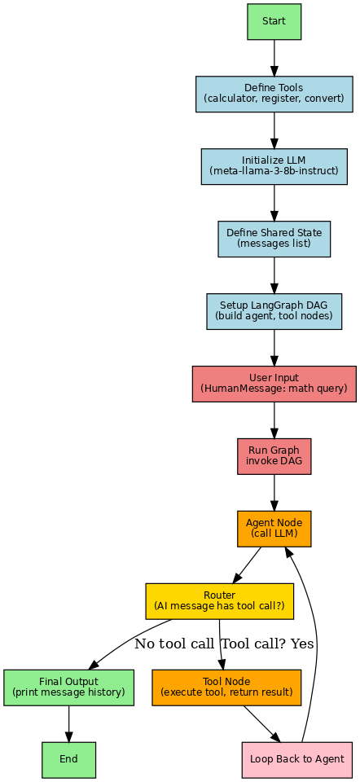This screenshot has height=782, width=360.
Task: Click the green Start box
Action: click(274, 21)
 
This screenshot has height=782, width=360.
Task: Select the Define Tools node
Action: click(274, 94)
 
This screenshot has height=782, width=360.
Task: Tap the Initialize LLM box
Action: click(274, 166)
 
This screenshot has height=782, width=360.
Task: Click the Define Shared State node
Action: click(274, 238)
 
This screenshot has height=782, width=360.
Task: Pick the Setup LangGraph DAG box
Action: click(274, 310)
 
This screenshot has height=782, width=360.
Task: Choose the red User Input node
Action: click(274, 383)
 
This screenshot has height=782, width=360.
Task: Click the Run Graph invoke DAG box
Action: click(274, 455)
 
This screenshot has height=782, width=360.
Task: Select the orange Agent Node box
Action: click(274, 528)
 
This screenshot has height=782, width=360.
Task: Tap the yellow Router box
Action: click(219, 600)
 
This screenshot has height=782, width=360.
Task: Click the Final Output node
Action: click(68, 687)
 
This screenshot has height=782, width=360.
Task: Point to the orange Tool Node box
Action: click(226, 687)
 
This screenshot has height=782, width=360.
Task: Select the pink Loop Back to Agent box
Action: click(296, 759)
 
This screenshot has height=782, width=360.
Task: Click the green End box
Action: click(68, 759)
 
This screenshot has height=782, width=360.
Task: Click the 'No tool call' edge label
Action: click(174, 644)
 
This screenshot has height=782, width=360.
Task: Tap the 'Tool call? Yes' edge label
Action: click(268, 644)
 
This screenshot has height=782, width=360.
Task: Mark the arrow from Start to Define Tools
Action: click(274, 57)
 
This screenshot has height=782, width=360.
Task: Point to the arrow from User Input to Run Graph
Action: click(274, 420)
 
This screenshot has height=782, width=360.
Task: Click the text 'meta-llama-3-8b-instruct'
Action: click(274, 172)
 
